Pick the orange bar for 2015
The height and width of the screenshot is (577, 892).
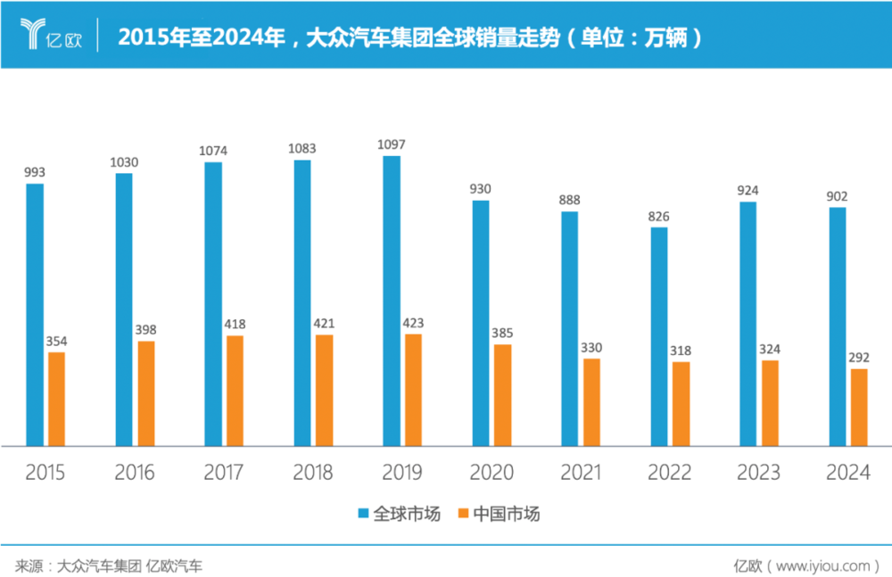[x=56, y=399]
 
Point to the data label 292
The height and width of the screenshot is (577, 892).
[x=859, y=357]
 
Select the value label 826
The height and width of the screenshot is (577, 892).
[x=658, y=216]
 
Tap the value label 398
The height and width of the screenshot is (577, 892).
[x=145, y=330]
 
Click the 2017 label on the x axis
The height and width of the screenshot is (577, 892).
[x=223, y=473]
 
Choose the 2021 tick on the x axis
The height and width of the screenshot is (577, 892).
[x=580, y=473]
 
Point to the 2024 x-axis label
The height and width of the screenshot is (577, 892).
[x=847, y=473]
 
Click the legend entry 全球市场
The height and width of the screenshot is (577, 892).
[x=399, y=514]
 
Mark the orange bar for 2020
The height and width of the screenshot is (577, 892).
[x=502, y=394]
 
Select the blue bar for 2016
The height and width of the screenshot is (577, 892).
[x=124, y=309]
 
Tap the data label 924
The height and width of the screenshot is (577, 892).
[x=747, y=190]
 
